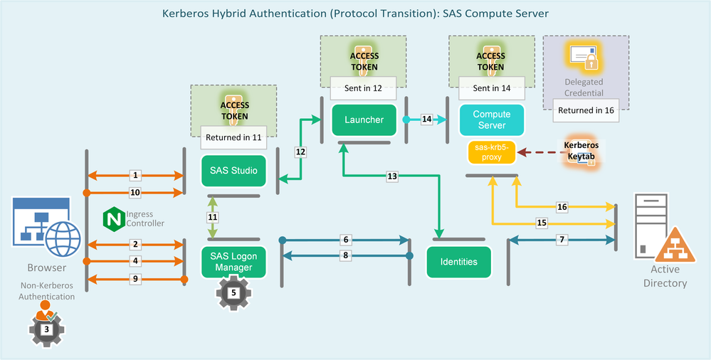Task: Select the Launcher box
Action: click(365, 120)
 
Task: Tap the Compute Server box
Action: click(492, 120)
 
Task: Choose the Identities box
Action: click(458, 261)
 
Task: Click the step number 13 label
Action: click(392, 175)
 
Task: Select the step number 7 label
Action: click(562, 240)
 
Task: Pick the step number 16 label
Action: click(562, 206)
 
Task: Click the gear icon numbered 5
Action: click(234, 292)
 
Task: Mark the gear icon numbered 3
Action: click(46, 329)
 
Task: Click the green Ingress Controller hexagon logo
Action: click(113, 218)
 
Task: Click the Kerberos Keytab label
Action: click(581, 150)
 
